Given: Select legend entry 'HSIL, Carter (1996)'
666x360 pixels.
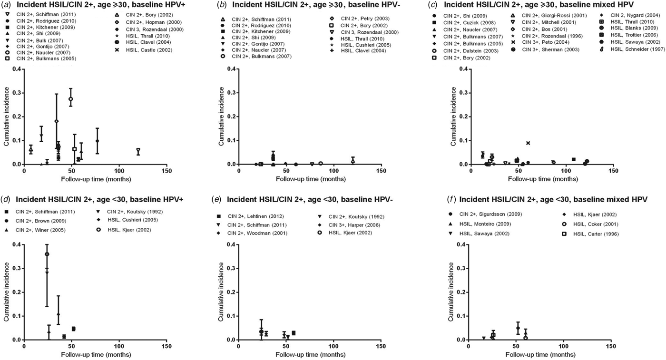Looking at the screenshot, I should (x=593, y=234).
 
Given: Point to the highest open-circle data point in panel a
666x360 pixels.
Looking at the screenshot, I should (x=71, y=99).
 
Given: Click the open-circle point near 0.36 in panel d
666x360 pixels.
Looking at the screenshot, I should (x=47, y=254).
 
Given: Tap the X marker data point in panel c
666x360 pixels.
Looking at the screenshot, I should (x=528, y=143).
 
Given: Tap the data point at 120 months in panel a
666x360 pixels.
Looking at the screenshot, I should (x=138, y=151).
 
